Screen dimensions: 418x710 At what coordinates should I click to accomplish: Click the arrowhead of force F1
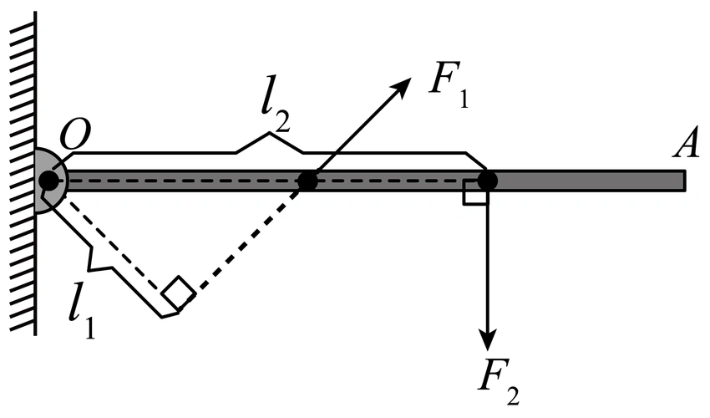(x=405, y=83)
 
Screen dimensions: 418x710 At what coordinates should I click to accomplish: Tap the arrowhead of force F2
(x=488, y=340)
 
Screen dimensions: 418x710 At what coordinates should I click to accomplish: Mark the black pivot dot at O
(x=49, y=180)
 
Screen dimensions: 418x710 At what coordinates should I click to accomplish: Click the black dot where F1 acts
(x=308, y=180)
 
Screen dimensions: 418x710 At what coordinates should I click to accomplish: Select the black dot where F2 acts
(x=488, y=180)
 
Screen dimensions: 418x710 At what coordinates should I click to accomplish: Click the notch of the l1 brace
(x=105, y=266)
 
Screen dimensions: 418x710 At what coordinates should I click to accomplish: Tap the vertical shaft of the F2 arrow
(x=488, y=268)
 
